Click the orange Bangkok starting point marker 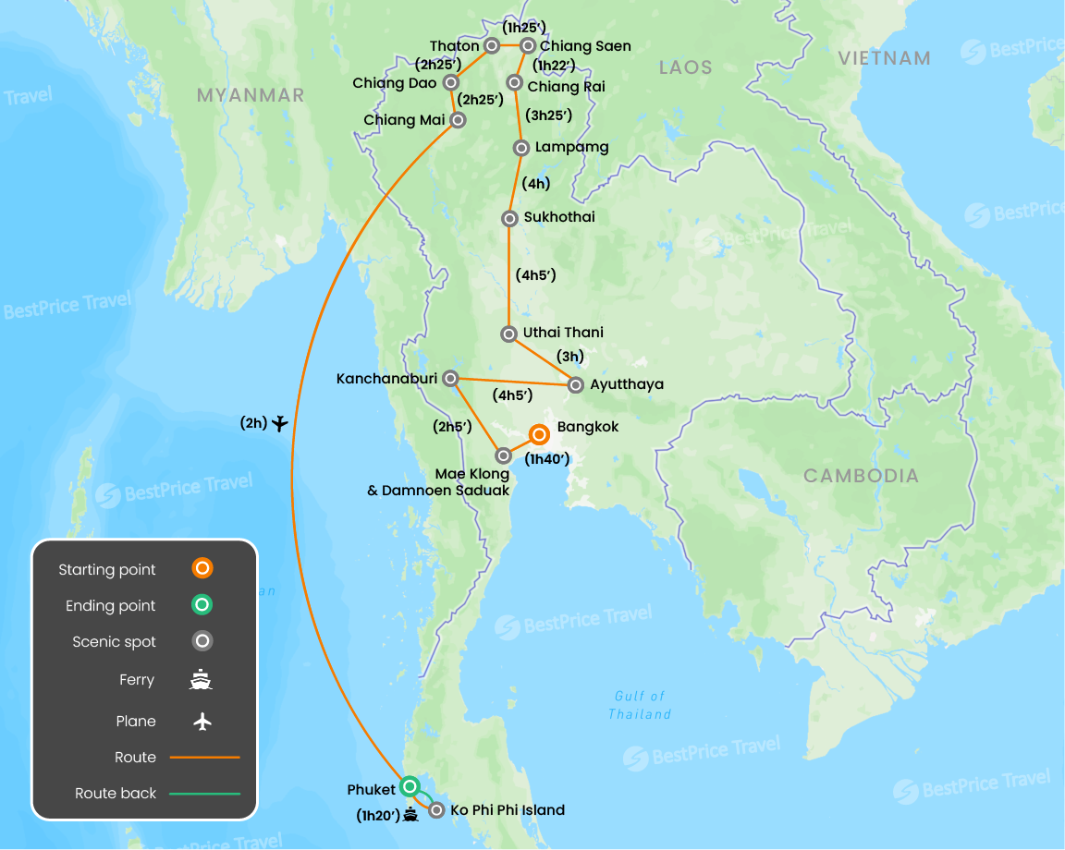[x=539, y=434]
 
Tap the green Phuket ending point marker [x=410, y=787]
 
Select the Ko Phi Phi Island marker [x=435, y=810]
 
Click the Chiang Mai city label [x=403, y=120]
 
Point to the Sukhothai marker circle [x=509, y=219]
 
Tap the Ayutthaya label [x=626, y=384]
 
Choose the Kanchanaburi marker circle [x=450, y=378]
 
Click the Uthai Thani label [x=563, y=333]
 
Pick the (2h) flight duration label [x=253, y=423]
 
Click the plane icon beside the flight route [x=281, y=423]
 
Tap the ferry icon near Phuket [x=411, y=816]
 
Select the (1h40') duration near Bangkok [x=546, y=458]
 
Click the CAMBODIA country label [x=861, y=476]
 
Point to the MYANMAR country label [x=251, y=95]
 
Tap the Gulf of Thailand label [x=640, y=705]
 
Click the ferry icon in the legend [x=202, y=680]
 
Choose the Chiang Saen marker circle [x=528, y=45]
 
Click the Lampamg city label [x=571, y=147]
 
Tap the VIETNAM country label [x=884, y=58]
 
